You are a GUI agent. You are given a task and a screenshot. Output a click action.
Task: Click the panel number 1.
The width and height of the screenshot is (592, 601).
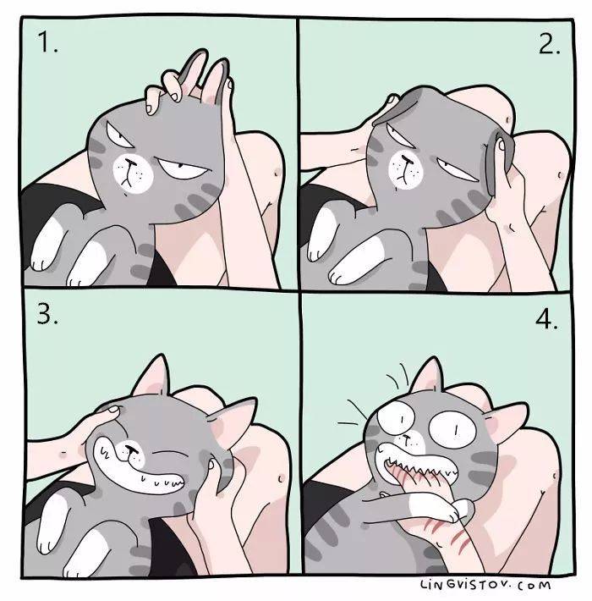47,42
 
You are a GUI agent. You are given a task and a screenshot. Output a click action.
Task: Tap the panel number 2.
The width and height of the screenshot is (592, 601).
549,44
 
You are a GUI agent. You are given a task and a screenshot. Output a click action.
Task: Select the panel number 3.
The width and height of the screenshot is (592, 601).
47,316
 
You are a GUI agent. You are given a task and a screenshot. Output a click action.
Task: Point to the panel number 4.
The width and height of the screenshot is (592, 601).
546,319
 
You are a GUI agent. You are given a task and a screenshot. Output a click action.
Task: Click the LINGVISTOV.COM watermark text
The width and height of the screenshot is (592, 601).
485,585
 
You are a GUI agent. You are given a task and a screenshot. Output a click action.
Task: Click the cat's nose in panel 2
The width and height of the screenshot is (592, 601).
406,158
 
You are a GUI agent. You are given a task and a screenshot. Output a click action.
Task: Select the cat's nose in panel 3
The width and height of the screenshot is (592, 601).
131,449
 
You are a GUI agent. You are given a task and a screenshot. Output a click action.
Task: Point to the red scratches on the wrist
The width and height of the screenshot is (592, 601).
448,532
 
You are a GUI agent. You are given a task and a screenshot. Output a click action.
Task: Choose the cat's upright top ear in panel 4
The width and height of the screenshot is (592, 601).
428,378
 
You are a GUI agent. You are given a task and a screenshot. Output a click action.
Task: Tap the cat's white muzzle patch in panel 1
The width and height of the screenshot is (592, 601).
133,174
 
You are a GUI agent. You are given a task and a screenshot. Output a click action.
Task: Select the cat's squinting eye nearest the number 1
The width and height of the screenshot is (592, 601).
118,135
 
